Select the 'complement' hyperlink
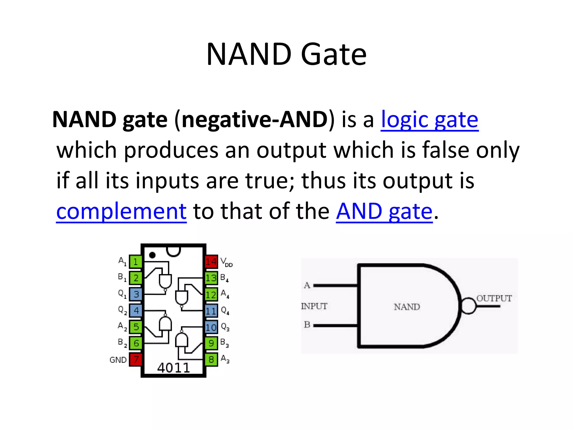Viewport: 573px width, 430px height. (x=121, y=211)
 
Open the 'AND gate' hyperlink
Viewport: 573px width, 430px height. (x=384, y=211)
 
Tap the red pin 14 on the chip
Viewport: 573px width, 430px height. (x=211, y=262)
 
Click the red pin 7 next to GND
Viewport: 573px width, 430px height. (x=136, y=359)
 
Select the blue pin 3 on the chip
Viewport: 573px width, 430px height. (x=136, y=294)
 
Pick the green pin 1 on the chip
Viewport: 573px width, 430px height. (x=136, y=262)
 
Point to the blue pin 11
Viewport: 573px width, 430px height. (x=211, y=311)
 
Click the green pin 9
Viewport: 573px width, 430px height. (x=211, y=343)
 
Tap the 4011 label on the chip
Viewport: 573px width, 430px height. (x=173, y=368)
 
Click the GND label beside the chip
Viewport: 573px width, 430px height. (x=118, y=360)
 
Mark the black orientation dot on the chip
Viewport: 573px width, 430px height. (x=152, y=255)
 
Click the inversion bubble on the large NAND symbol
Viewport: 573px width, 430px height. (x=468, y=306)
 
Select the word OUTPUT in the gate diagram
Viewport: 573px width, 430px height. (x=494, y=298)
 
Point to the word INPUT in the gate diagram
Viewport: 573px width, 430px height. (x=314, y=306)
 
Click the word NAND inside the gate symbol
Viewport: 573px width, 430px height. (x=407, y=307)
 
